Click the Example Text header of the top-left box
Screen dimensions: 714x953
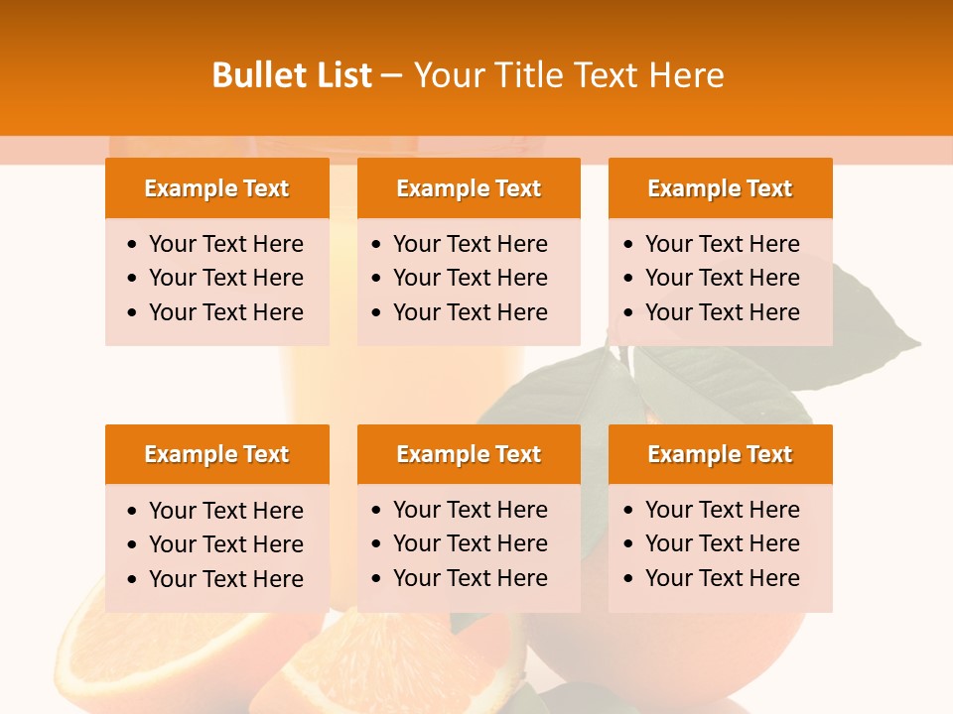click(x=216, y=188)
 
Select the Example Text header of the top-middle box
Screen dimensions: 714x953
click(x=469, y=188)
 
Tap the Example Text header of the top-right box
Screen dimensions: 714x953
click(x=720, y=188)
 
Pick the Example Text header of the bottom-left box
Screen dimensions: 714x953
click(x=216, y=454)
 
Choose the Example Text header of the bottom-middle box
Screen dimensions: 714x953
click(x=469, y=454)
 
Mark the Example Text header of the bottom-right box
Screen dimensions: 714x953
click(x=720, y=454)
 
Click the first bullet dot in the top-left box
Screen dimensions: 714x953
click(x=133, y=245)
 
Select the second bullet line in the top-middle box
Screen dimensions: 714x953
click(x=470, y=278)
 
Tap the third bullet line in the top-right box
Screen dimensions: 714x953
click(x=722, y=312)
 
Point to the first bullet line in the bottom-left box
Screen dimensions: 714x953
click(x=225, y=511)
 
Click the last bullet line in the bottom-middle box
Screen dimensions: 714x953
click(x=470, y=578)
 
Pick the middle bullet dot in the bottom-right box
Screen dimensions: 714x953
click(x=629, y=544)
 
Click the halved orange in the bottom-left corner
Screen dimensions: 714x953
click(x=149, y=654)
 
